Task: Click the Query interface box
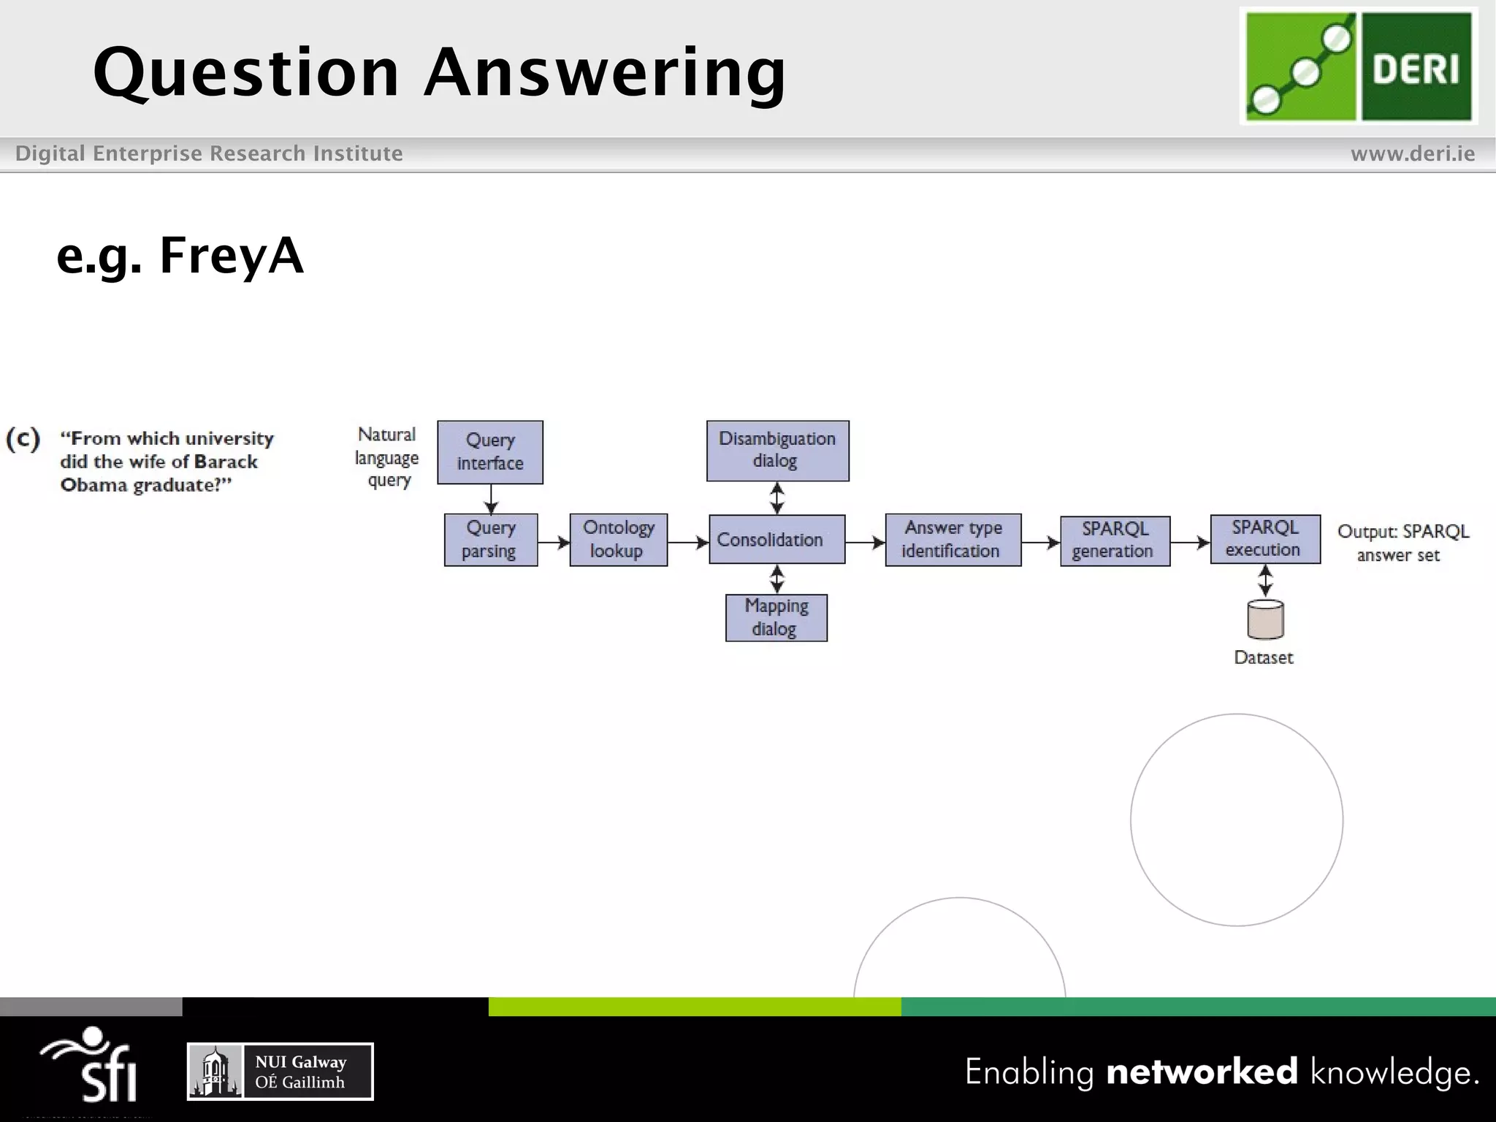(x=490, y=451)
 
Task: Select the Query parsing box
(x=491, y=539)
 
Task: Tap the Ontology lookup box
(x=618, y=539)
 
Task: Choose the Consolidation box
(x=776, y=539)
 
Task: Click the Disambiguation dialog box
(x=777, y=450)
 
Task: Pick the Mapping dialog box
(x=776, y=617)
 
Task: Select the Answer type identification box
(x=953, y=539)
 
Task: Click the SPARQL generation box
(x=1115, y=541)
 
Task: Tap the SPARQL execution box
(x=1264, y=539)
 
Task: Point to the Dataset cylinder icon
(x=1265, y=619)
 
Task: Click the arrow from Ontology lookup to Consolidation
(x=687, y=543)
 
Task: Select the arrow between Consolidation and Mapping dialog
(x=777, y=579)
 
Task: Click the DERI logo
(x=1358, y=66)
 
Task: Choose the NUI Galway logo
(x=280, y=1071)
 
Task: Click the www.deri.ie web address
(x=1412, y=153)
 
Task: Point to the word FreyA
(x=231, y=256)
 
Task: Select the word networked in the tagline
(x=1202, y=1072)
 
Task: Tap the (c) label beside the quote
(x=23, y=439)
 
